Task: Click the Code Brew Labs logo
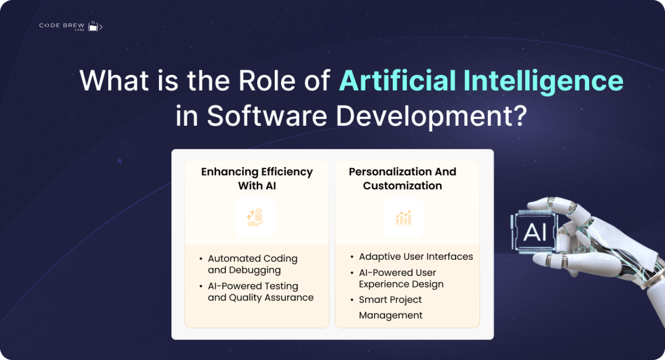click(x=70, y=26)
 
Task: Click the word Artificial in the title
click(x=397, y=81)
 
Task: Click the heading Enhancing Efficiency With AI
click(x=257, y=178)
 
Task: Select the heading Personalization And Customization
click(x=402, y=178)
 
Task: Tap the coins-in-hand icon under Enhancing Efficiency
click(x=255, y=218)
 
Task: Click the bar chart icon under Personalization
click(x=403, y=218)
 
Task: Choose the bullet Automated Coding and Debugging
click(x=252, y=264)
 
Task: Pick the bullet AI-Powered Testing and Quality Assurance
click(x=260, y=292)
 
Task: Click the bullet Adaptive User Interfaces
click(x=416, y=256)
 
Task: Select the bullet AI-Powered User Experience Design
click(x=401, y=278)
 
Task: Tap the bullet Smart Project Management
click(x=391, y=307)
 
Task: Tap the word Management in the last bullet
click(x=391, y=315)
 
